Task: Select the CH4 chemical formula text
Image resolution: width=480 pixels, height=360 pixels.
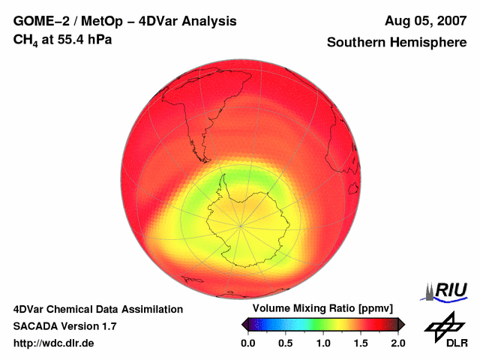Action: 25,40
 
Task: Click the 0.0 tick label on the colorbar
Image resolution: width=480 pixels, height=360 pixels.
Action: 248,343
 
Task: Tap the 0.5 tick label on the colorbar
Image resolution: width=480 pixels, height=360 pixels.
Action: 286,343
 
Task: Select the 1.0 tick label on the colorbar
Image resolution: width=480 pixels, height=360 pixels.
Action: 323,343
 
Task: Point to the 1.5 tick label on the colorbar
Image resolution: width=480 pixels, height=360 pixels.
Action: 361,343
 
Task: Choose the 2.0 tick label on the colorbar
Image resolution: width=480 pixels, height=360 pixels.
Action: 397,343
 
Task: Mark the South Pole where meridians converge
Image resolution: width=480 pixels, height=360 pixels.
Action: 241,224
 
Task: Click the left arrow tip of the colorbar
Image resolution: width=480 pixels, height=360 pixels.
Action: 243,324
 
